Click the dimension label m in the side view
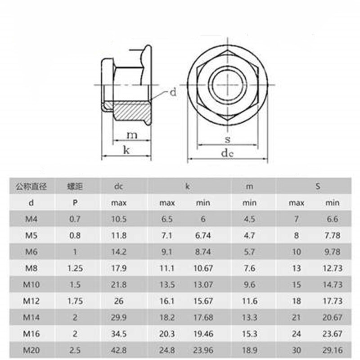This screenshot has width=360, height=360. (x=131, y=135)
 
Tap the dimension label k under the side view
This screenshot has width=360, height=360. (x=126, y=150)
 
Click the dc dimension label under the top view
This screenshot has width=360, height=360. (x=227, y=153)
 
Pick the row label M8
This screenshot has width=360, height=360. (x=31, y=268)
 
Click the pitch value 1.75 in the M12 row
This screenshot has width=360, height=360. (x=75, y=301)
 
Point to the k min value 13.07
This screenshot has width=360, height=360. (x=203, y=284)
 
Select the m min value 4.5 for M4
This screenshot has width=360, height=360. (x=250, y=219)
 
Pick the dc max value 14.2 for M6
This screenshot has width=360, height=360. (x=119, y=252)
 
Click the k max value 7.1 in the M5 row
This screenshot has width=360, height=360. (x=166, y=235)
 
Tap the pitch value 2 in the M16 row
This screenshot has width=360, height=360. (x=75, y=334)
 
